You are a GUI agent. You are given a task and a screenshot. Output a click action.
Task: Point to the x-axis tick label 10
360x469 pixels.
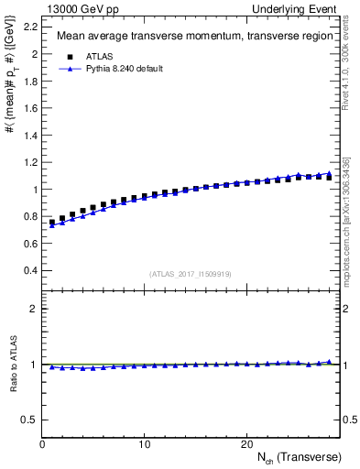[145, 444]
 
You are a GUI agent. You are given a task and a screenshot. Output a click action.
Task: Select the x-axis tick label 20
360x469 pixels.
[246, 444]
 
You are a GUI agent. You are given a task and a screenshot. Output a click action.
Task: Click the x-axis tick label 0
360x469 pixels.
[42, 444]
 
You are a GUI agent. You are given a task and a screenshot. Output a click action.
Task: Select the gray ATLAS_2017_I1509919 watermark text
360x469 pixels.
[190, 273]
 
